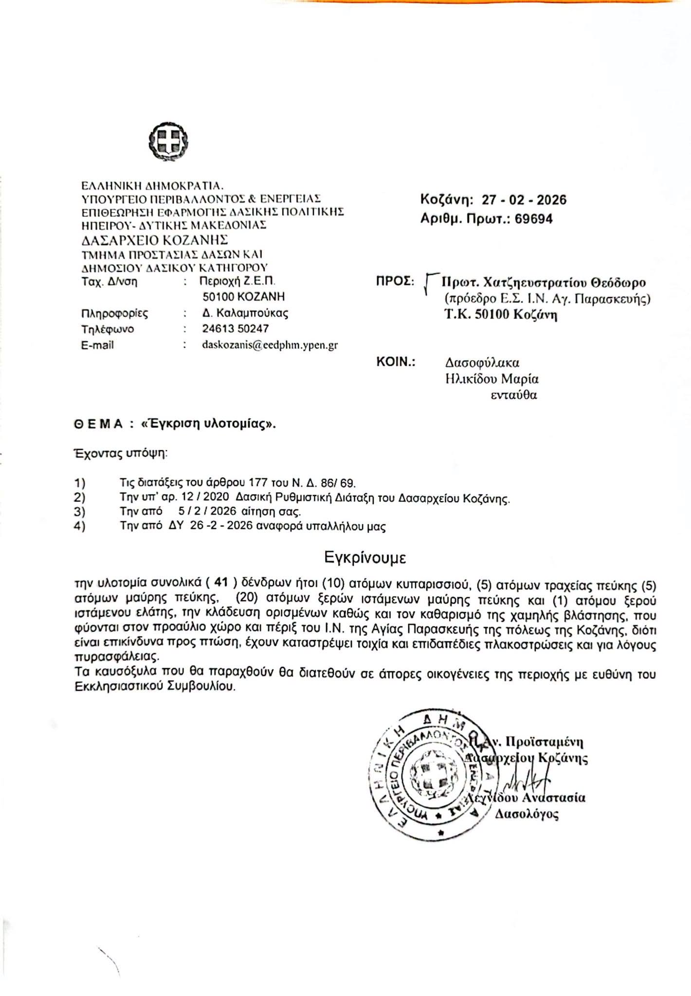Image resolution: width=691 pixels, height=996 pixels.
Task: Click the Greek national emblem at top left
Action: [168, 142]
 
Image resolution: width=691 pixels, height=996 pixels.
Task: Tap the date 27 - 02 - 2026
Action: [524, 200]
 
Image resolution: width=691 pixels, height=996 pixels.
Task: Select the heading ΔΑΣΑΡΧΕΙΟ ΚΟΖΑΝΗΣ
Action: [155, 240]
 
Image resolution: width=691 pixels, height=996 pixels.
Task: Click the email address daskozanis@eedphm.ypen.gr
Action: [270, 345]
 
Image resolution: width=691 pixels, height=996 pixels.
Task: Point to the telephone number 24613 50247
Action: [236, 329]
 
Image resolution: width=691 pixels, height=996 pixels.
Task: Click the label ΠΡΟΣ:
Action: [395, 282]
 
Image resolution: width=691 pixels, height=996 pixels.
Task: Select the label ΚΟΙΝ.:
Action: [396, 362]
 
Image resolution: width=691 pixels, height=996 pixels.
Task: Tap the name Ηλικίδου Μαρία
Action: [491, 378]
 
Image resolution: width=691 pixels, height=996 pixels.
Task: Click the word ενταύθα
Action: [513, 395]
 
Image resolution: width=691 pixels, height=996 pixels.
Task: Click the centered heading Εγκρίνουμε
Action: [365, 557]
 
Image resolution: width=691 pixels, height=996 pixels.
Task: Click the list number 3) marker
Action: [80, 512]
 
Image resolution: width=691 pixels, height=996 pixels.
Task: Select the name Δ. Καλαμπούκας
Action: [245, 313]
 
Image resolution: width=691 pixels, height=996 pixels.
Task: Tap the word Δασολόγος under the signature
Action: [527, 814]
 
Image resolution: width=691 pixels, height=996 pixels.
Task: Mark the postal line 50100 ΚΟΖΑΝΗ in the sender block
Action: [243, 297]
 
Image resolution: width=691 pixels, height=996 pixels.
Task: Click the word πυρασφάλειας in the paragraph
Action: [116, 657]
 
